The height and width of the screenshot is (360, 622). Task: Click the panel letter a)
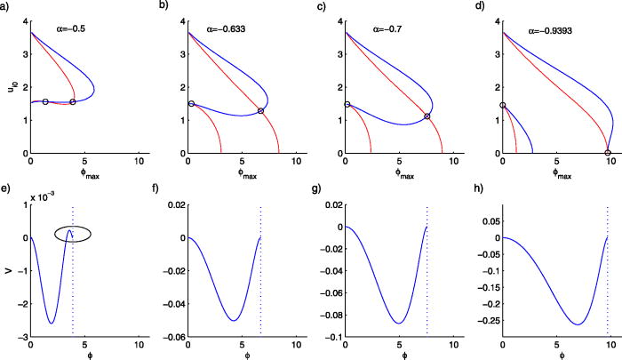[x=6, y=5]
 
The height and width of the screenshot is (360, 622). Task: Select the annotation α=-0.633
[x=235, y=26]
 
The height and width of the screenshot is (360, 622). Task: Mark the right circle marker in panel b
[x=260, y=111]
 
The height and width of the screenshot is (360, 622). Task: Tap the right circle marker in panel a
[x=72, y=101]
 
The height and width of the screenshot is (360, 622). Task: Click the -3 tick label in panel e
[x=21, y=339]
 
